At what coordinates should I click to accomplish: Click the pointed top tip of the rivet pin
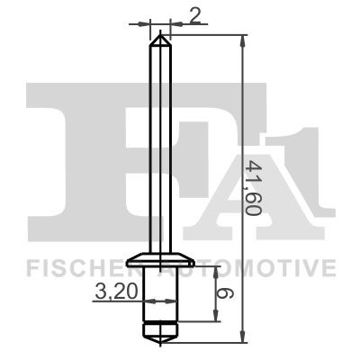pyautogui.click(x=160, y=33)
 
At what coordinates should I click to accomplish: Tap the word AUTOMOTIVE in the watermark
pyautogui.click(x=261, y=267)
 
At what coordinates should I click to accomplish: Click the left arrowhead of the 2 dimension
pyautogui.click(x=148, y=22)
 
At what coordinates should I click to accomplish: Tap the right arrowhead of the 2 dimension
pyautogui.click(x=171, y=22)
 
